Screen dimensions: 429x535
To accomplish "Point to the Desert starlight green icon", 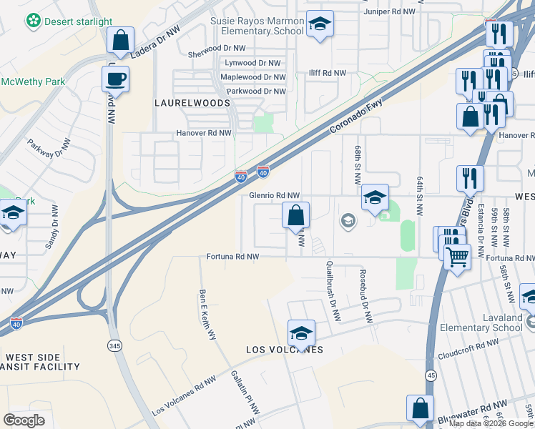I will tap(33, 22).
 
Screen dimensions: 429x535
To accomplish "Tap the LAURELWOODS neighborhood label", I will tap(192, 103).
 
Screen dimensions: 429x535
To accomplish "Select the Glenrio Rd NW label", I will tap(274, 195).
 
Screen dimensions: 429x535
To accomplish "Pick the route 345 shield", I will tap(114, 345).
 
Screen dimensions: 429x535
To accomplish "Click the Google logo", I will tap(24, 420).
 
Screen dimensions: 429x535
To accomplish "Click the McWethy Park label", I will tap(33, 82).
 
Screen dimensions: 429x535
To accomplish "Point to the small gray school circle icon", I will tap(348, 220).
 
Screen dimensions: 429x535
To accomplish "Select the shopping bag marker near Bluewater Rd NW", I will tap(420, 408).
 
